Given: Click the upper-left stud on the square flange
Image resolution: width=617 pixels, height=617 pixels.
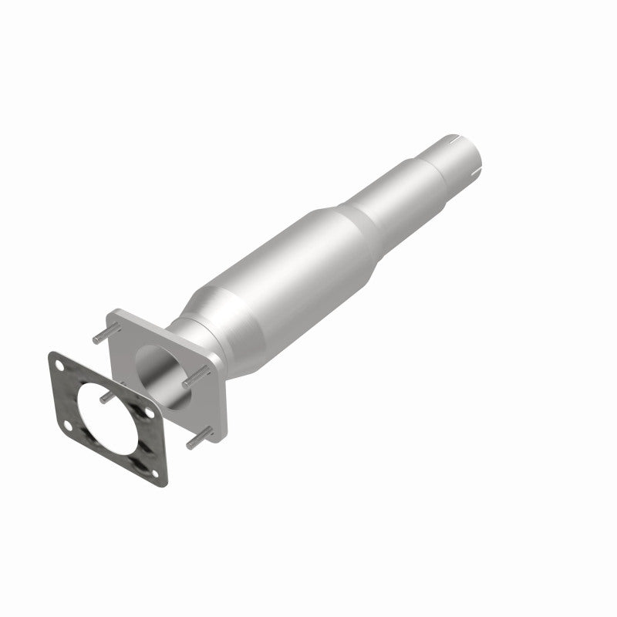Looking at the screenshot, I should coord(99,339).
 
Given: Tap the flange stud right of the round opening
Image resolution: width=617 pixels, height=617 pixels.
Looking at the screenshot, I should coord(197,376).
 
